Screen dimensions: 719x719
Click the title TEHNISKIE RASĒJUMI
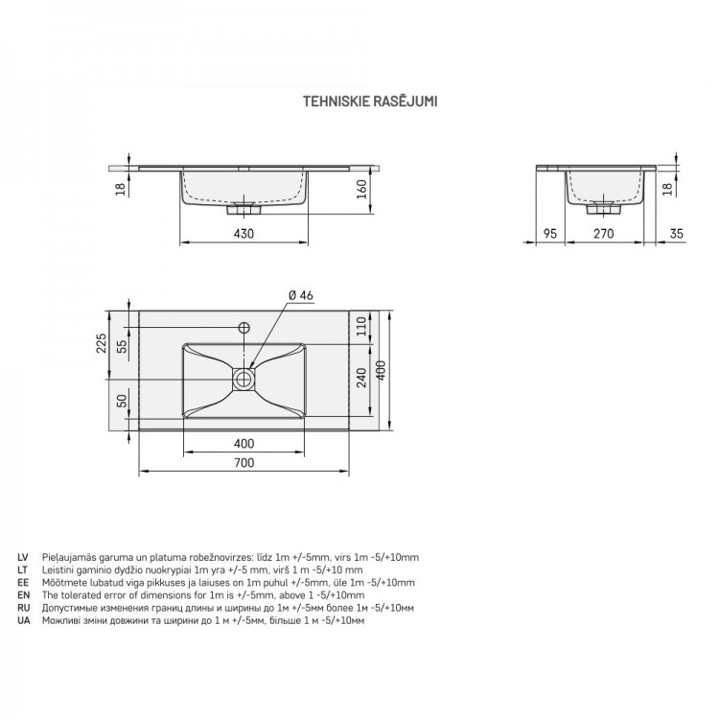[371, 98]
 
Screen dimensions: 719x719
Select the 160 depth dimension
[362, 189]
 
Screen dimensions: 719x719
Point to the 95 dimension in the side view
[549, 233]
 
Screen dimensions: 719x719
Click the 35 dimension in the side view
[676, 233]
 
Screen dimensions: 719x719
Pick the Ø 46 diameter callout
[300, 295]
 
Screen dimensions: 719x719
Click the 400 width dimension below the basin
[244, 444]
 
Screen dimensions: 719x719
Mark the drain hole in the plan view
[244, 379]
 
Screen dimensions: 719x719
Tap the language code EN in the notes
[23, 595]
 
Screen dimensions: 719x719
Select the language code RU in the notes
[23, 608]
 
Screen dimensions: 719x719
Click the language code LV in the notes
[23, 557]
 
